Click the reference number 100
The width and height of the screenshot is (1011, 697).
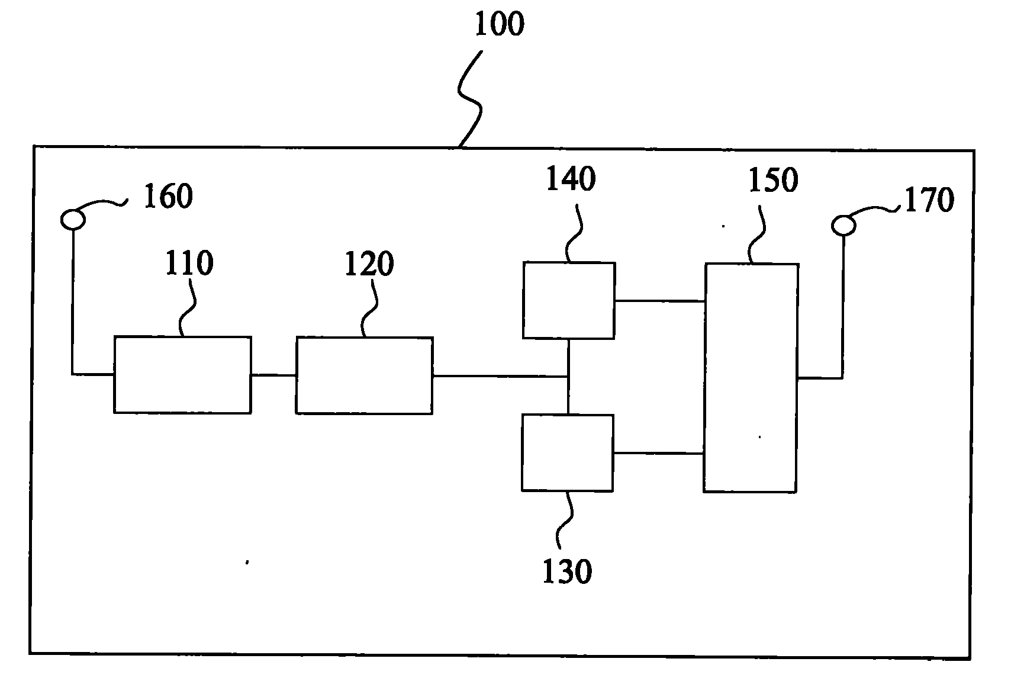(x=499, y=24)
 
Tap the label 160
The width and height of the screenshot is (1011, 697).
(x=168, y=197)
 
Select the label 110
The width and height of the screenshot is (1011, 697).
(x=189, y=263)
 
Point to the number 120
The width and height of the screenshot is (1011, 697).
(x=369, y=264)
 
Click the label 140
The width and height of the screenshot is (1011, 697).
(x=571, y=179)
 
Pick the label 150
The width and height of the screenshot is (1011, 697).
(x=774, y=180)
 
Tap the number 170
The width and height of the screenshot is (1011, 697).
(x=930, y=200)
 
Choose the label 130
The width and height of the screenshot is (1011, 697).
(x=567, y=571)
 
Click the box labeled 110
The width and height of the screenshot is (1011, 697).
(x=182, y=375)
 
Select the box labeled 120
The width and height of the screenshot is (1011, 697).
(x=364, y=375)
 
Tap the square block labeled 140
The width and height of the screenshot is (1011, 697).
(x=569, y=300)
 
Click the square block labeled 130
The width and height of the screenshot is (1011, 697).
(x=567, y=453)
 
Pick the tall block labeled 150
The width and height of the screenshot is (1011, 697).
(x=751, y=378)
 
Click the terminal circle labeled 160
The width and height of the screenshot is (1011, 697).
(x=73, y=220)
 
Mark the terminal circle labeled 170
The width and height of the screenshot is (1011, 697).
(x=843, y=225)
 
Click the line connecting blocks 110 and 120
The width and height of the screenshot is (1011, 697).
(x=273, y=375)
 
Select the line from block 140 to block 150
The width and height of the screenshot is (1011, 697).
(x=660, y=301)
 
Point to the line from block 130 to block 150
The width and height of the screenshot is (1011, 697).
(x=658, y=453)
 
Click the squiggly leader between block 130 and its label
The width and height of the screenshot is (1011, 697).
(x=564, y=520)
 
